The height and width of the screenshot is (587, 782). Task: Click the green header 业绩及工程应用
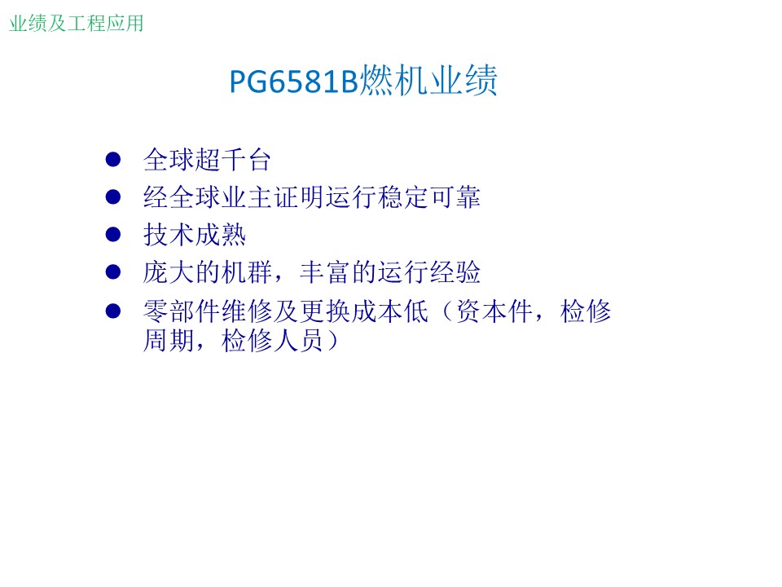77,24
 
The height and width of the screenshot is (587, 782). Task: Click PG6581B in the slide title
294,82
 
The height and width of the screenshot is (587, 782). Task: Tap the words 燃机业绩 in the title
428,81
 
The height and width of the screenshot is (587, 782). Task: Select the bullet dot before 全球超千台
113,159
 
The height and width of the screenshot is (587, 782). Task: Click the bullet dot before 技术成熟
113,234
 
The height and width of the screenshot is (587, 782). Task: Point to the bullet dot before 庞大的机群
113,272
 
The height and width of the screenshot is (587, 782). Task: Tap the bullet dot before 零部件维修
113,311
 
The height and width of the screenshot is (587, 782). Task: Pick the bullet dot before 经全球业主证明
113,196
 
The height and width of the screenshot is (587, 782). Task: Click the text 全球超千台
207,160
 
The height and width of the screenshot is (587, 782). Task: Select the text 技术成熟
195,235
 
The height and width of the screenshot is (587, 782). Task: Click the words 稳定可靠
429,197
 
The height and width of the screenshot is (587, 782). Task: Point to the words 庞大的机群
208,272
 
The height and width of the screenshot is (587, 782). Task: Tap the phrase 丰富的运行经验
390,272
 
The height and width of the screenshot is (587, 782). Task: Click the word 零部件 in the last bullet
182,311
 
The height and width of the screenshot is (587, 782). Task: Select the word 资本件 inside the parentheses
494,311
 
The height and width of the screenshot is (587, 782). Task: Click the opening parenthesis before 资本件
447,311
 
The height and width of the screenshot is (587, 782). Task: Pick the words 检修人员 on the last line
273,341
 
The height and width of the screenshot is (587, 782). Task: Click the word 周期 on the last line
169,341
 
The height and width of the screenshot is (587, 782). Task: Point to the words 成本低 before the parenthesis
390,311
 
